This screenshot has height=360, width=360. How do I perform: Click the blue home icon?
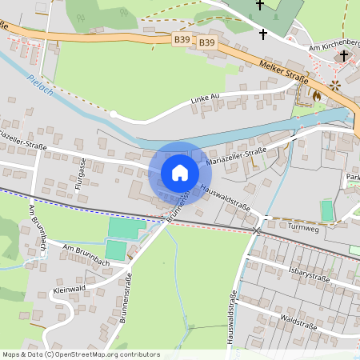click(x=179, y=173)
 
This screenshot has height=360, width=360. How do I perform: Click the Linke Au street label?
click(x=205, y=99)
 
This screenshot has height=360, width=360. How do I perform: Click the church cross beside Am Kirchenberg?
click(x=344, y=55)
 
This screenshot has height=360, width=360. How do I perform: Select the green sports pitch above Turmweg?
click(x=326, y=210)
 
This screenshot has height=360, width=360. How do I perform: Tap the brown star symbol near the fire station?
click(x=335, y=83)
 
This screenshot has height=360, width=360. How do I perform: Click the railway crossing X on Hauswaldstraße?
click(x=256, y=230)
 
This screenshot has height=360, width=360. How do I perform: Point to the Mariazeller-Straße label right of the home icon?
click(x=236, y=155)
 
